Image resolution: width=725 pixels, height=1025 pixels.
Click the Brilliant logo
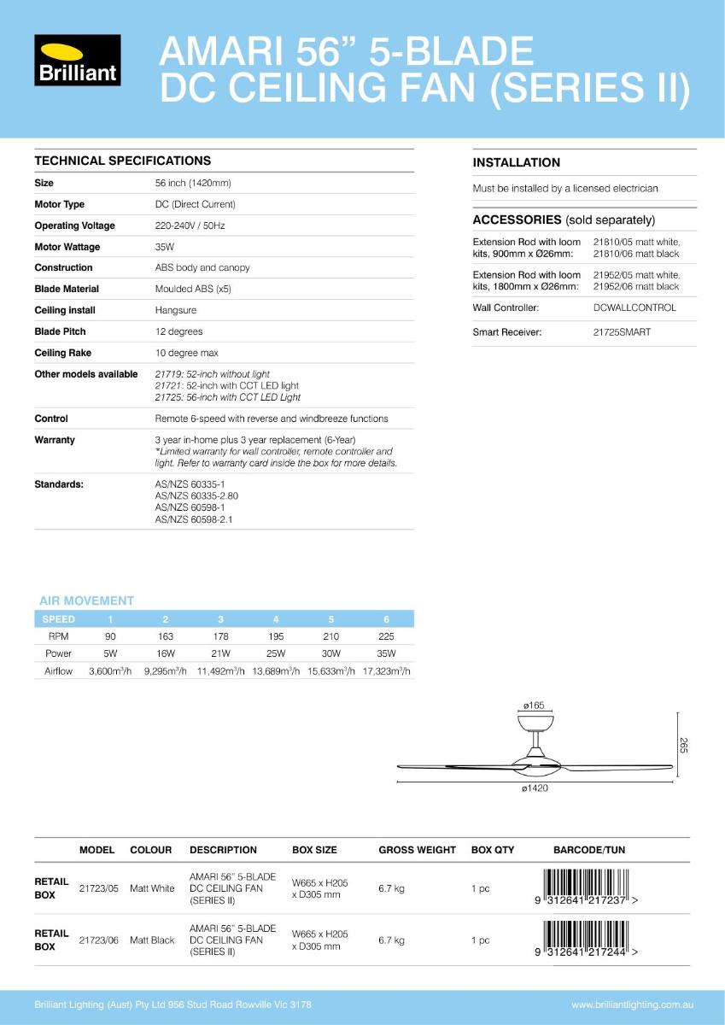pyautogui.click(x=77, y=61)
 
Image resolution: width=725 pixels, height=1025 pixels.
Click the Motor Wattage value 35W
pyautogui.click(x=165, y=247)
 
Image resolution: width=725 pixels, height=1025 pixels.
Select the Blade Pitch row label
pyautogui.click(x=60, y=331)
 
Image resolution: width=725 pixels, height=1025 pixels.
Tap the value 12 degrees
pyautogui.click(x=178, y=331)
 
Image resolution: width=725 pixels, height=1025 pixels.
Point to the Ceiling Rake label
pyautogui.click(x=62, y=353)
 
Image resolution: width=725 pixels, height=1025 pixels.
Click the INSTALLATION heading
pyautogui.click(x=516, y=162)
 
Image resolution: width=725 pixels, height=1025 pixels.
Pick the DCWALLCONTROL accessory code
pyautogui.click(x=634, y=307)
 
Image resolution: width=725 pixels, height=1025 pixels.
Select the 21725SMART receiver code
pyautogui.click(x=621, y=332)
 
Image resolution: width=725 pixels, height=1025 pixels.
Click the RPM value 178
pyautogui.click(x=220, y=636)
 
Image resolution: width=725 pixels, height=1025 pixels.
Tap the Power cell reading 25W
pyautogui.click(x=275, y=653)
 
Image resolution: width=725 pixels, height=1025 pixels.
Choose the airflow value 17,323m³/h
pyautogui.click(x=386, y=671)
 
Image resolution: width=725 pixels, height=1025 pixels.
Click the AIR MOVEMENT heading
pyautogui.click(x=86, y=600)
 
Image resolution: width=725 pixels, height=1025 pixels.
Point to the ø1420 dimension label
pyautogui.click(x=535, y=788)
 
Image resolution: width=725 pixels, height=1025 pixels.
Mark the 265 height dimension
pyautogui.click(x=683, y=745)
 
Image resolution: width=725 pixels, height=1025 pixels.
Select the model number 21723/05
pyautogui.click(x=98, y=888)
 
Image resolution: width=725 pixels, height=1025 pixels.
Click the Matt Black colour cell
pyautogui.click(x=152, y=940)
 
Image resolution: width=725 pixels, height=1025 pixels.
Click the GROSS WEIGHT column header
pyautogui.click(x=417, y=850)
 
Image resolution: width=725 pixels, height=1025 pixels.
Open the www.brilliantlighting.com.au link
pyautogui.click(x=631, y=1004)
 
